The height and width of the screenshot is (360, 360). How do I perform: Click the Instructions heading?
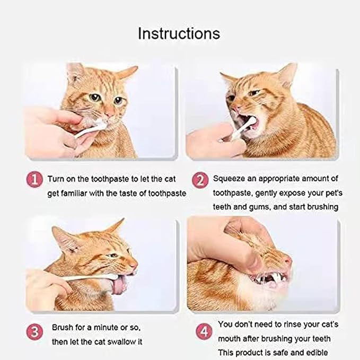click(x=179, y=33)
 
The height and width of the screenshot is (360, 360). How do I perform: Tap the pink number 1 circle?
click(x=34, y=179)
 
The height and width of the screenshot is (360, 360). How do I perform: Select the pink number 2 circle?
click(x=200, y=180)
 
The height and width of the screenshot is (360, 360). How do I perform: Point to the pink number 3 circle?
click(x=34, y=332)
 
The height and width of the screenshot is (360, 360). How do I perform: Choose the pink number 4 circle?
click(x=204, y=332)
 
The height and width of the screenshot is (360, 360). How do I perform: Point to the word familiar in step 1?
click(x=74, y=194)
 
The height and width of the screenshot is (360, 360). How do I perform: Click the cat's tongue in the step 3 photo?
click(x=118, y=285)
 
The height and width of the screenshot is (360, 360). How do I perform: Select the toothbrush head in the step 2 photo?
click(x=251, y=121)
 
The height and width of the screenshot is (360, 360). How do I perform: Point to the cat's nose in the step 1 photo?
click(x=110, y=113)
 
